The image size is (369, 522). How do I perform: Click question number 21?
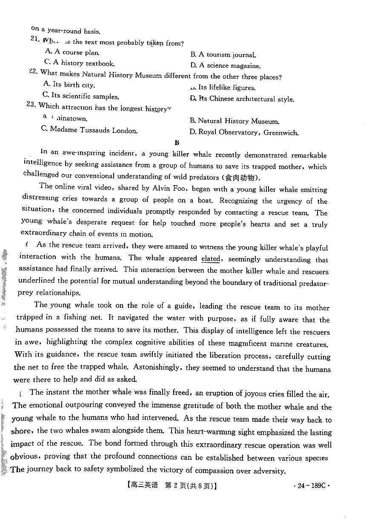click(35, 39)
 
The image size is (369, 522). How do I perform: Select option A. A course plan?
click(72, 52)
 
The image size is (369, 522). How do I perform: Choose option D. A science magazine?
click(225, 66)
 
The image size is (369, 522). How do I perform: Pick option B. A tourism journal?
click(223, 54)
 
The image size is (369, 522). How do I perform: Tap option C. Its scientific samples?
click(80, 96)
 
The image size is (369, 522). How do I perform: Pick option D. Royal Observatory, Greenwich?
click(244, 132)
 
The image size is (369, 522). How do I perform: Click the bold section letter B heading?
click(177, 143)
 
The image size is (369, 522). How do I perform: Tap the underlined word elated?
click(211, 258)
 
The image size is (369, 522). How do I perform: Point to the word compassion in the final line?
click(218, 470)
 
